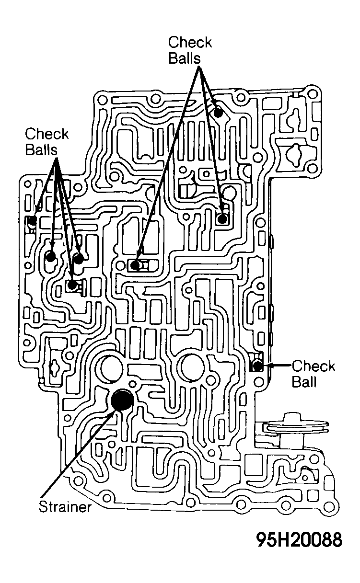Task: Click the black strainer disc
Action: tap(122, 400)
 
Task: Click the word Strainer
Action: tap(65, 507)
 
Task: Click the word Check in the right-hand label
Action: tap(314, 366)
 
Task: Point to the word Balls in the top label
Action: tap(185, 58)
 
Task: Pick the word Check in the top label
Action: tap(190, 43)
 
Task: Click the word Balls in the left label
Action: tap(41, 149)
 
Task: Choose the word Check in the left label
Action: tap(46, 134)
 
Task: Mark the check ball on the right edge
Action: tap(257, 366)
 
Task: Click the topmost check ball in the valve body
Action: tap(218, 113)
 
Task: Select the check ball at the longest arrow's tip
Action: tap(135, 265)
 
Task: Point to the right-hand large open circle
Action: tap(192, 368)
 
